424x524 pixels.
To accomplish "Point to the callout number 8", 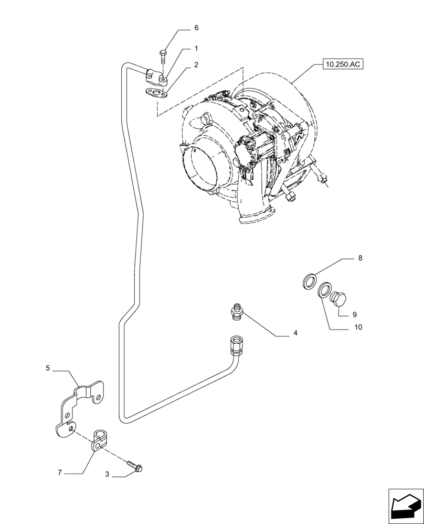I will (360, 258).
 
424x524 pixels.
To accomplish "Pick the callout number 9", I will (354, 315).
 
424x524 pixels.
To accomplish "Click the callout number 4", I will (295, 333).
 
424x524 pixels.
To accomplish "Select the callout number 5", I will (48, 368).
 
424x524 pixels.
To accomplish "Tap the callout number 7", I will (60, 472).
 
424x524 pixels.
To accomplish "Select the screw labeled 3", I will (137, 465).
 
